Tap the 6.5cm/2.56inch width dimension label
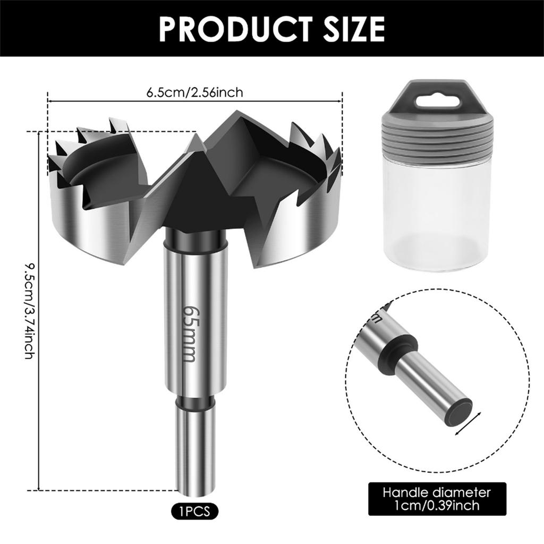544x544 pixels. [x=194, y=92]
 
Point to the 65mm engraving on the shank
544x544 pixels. [x=189, y=333]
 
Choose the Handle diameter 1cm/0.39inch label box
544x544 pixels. [x=437, y=499]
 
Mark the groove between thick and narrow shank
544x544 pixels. [x=195, y=403]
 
